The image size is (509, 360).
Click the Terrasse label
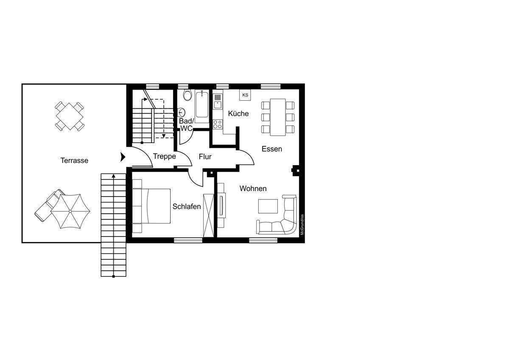click(x=74, y=160)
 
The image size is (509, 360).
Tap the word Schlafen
click(x=187, y=206)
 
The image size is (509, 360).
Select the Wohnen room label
click(x=253, y=188)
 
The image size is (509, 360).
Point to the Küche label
click(x=238, y=113)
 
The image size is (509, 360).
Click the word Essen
click(x=272, y=149)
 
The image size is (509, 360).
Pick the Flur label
click(x=205, y=157)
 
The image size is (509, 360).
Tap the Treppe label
click(x=164, y=157)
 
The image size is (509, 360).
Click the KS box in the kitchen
click(x=245, y=95)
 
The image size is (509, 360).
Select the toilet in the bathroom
click(x=187, y=95)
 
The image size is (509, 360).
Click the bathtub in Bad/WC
click(x=202, y=107)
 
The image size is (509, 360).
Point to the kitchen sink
click(x=218, y=101)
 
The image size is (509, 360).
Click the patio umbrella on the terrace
click(x=70, y=211)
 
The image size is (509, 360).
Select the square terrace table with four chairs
click(x=70, y=116)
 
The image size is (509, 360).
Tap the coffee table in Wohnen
click(x=268, y=206)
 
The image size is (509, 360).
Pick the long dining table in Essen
click(x=278, y=117)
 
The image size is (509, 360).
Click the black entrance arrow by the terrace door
click(x=123, y=157)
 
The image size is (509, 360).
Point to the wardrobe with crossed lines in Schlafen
click(x=209, y=215)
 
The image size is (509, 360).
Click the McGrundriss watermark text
click(x=302, y=225)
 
